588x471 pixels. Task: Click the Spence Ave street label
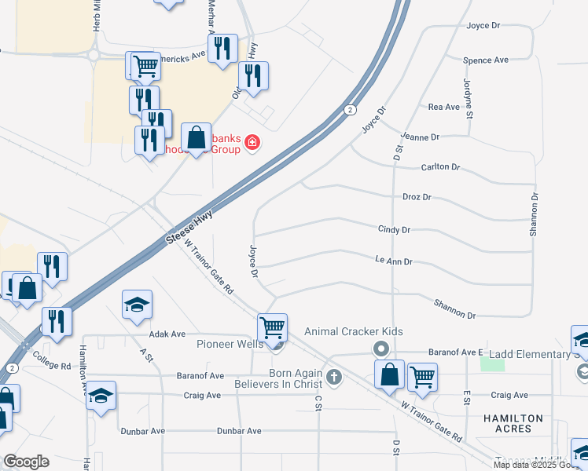point(486,60)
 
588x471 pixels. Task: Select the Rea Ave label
point(443,107)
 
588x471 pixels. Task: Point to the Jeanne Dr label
point(420,137)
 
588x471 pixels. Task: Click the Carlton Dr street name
point(440,167)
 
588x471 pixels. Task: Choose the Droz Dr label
point(417,197)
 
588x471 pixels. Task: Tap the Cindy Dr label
point(395,230)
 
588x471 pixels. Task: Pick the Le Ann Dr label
point(394,261)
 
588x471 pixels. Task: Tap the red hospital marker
point(252,142)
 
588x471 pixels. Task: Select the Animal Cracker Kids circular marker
point(381,347)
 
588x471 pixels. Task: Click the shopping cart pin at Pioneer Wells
point(272,327)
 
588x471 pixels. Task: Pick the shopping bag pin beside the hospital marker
point(197,138)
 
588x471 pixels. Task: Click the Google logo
point(26,462)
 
